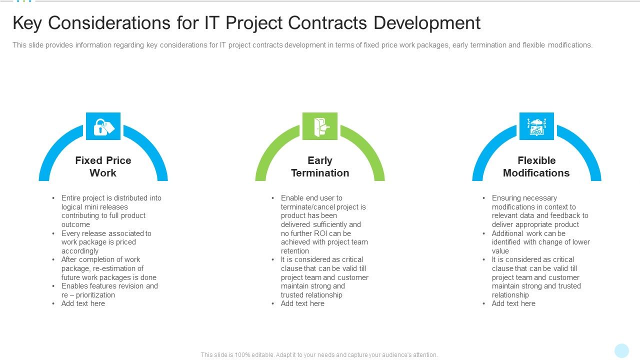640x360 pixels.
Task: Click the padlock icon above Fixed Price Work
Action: pyautogui.click(x=103, y=126)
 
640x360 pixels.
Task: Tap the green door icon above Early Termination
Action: pyautogui.click(x=320, y=126)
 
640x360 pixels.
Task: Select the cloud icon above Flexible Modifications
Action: pyautogui.click(x=536, y=126)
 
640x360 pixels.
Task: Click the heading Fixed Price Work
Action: pyautogui.click(x=103, y=166)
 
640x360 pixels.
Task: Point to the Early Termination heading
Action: pyautogui.click(x=320, y=166)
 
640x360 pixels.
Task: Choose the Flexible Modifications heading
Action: pyautogui.click(x=536, y=166)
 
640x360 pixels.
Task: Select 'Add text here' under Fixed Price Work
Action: pyautogui.click(x=83, y=303)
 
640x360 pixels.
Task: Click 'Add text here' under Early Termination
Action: pyautogui.click(x=302, y=303)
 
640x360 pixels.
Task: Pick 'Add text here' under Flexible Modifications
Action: pyautogui.click(x=513, y=303)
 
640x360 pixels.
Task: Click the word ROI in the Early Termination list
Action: pyautogui.click(x=320, y=233)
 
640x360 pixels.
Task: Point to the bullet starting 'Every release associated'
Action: pyautogui.click(x=106, y=242)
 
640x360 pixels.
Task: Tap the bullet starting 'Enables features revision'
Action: pyautogui.click(x=109, y=290)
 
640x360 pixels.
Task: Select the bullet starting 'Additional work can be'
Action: pyautogui.click(x=540, y=242)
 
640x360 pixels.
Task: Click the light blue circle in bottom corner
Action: pyautogui.click(x=621, y=350)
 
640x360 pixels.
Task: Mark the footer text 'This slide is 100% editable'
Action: pyautogui.click(x=319, y=355)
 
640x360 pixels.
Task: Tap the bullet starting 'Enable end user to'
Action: pyautogui.click(x=323, y=224)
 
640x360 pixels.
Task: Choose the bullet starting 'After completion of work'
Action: pyautogui.click(x=108, y=268)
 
